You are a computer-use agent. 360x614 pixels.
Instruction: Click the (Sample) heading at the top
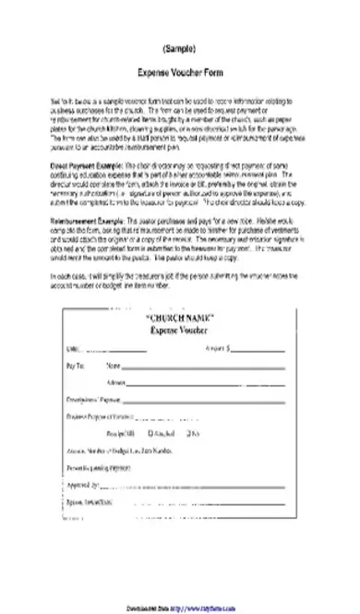[179, 47]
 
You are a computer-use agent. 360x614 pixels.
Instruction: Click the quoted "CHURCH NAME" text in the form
[180, 318]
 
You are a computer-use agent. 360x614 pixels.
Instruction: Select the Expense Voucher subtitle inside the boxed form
[179, 329]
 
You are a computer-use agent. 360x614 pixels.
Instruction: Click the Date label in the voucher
[73, 349]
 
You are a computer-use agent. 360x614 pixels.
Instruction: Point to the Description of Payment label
[94, 399]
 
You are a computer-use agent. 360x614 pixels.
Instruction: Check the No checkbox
[188, 432]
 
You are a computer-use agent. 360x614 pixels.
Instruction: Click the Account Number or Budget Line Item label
[120, 450]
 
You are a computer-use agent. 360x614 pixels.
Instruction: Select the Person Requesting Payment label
[100, 467]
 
